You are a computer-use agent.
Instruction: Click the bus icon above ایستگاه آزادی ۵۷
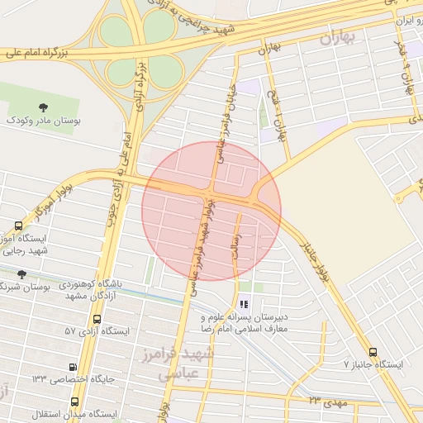(97, 318)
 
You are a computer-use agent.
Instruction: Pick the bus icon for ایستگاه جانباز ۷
(373, 351)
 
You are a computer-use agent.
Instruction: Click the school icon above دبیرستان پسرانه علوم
(243, 304)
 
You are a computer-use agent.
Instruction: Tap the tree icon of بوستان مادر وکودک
(44, 107)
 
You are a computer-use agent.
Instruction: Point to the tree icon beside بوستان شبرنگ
(22, 274)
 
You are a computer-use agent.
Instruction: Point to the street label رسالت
(245, 244)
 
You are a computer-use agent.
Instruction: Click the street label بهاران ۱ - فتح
(282, 120)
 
